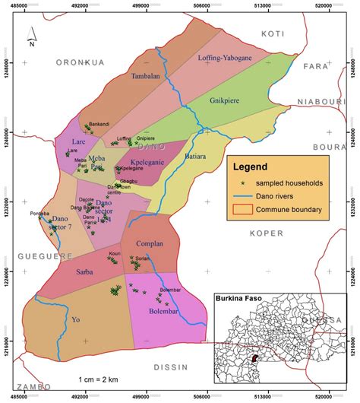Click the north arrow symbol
[30, 36]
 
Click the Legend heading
[250, 166]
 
